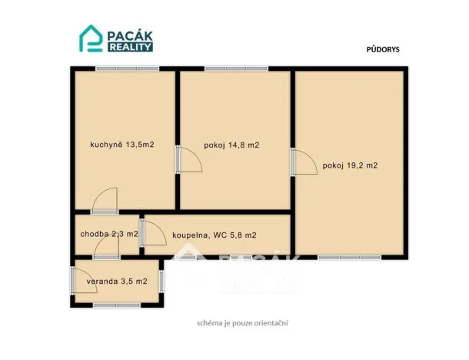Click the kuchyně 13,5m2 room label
122,144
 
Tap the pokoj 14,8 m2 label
231,145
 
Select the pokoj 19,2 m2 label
350,165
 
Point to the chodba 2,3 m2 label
108,234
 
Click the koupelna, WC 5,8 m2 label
215,235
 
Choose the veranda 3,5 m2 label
117,282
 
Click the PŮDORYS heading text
381,48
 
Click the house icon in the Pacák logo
91,38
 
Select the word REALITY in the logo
129,47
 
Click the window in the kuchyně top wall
127,69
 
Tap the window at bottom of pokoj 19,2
349,257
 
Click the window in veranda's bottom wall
116,305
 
